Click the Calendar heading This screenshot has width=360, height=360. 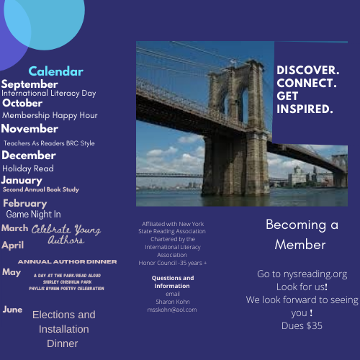coord(55,71)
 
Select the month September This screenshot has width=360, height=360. coord(30,84)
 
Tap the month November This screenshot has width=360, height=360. coord(30,129)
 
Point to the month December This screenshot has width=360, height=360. coord(29,155)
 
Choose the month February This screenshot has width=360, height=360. coord(24,203)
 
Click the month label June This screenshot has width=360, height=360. coord(12,310)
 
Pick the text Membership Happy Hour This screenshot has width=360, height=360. coord(50,115)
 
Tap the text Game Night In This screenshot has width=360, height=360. coord(33,214)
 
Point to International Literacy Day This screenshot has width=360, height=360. coord(50,93)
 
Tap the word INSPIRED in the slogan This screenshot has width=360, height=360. coord(305,109)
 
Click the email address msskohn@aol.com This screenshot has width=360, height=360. coord(173,310)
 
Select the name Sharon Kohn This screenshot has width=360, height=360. coord(173,302)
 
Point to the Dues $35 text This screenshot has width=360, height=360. coord(302,325)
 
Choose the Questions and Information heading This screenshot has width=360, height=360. coord(173,282)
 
